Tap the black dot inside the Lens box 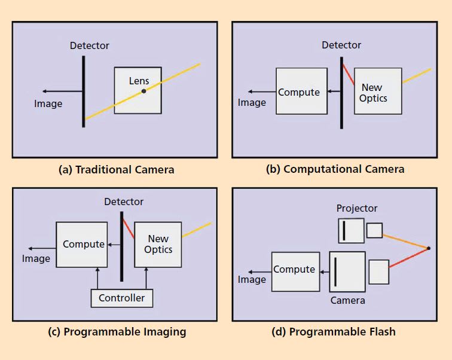tap(143, 91)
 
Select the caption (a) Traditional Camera tap(117, 169)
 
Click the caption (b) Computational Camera tap(335, 169)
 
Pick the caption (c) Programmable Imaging tap(117, 332)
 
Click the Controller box tap(121, 298)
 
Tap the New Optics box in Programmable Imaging tap(158, 244)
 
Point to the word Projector tap(357, 208)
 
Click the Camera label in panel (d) tap(347, 300)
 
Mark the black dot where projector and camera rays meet tap(429, 248)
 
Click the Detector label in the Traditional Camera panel tap(90, 45)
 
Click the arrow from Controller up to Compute tap(97, 278)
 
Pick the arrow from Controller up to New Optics tap(145, 278)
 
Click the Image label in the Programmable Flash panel tap(252, 280)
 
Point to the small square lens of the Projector tap(374, 230)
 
